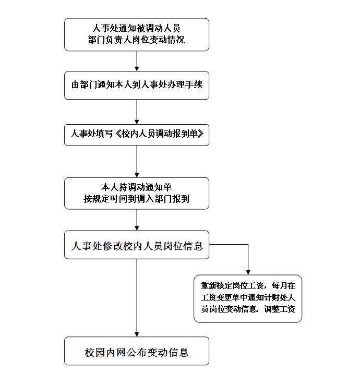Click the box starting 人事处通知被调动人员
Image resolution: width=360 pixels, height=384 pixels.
coord(137,34)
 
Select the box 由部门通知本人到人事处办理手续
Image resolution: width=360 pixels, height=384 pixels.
coord(137,85)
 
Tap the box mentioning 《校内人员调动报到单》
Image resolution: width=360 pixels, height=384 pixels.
coord(137,135)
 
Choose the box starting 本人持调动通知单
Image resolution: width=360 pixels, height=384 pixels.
coord(137,193)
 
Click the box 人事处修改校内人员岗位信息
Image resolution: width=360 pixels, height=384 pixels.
coord(137,245)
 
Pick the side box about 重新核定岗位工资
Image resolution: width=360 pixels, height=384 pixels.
coord(248,298)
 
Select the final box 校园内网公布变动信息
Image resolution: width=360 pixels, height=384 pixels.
coord(137,351)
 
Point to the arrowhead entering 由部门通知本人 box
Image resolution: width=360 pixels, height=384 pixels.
coord(137,69)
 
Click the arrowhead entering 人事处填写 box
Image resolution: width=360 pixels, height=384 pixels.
coord(137,122)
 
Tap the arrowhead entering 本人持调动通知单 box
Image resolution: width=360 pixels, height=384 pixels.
coord(137,175)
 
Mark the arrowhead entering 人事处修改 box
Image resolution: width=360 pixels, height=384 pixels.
coord(137,228)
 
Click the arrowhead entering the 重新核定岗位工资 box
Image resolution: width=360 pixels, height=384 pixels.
coord(248,272)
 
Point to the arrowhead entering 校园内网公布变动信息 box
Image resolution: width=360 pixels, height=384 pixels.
coord(137,334)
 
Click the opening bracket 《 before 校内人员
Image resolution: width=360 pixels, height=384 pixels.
coord(118,134)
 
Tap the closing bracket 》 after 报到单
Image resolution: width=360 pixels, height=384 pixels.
coord(200,134)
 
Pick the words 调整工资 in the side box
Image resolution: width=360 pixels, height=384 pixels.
coord(280,309)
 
